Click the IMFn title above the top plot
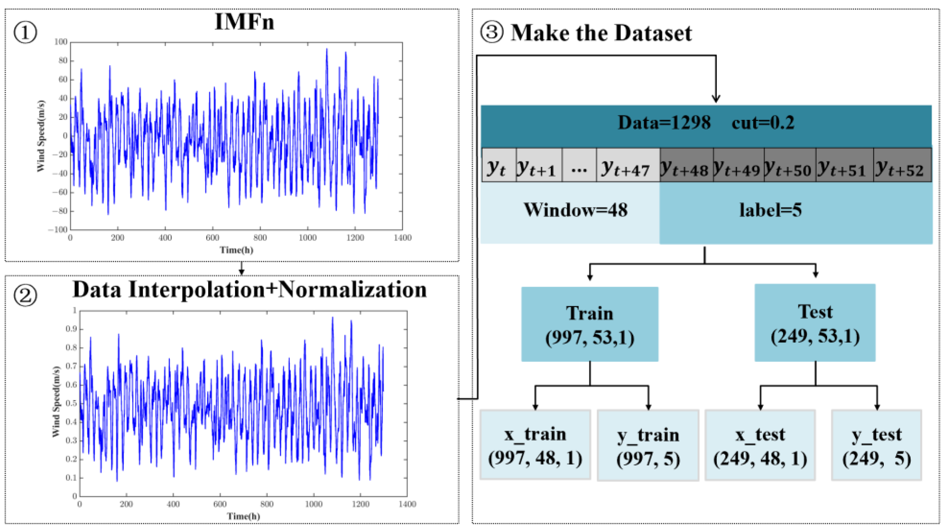244,22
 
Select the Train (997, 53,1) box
590,324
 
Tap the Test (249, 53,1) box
815,323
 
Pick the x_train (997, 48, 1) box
535,445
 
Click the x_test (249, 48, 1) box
760,445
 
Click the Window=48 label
576,210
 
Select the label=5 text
770,210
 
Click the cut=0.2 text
763,122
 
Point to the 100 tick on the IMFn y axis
61,42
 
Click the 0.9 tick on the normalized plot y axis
71,329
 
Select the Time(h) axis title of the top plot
236,250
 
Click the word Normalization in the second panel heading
352,290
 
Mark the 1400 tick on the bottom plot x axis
407,504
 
